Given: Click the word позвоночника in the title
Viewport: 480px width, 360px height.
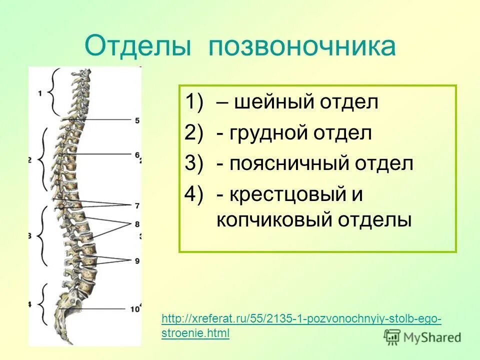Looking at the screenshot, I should [x=302, y=46].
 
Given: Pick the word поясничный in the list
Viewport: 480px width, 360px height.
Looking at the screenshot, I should [x=290, y=163].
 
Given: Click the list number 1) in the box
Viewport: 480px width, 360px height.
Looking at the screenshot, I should [x=195, y=102].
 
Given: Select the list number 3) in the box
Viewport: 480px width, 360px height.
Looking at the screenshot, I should [x=195, y=163].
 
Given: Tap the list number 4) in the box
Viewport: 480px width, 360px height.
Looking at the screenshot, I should [x=195, y=194].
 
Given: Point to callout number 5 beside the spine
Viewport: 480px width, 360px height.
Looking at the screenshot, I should [x=137, y=120].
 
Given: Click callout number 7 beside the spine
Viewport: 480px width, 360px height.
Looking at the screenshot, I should [x=137, y=205].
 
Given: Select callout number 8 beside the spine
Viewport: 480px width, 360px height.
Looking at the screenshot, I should [x=137, y=223].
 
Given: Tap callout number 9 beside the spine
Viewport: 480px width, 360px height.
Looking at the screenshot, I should [x=137, y=260].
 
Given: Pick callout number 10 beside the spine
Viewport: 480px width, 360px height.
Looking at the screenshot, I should [x=134, y=309].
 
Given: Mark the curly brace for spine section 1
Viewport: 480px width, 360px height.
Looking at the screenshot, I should [x=54, y=92].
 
